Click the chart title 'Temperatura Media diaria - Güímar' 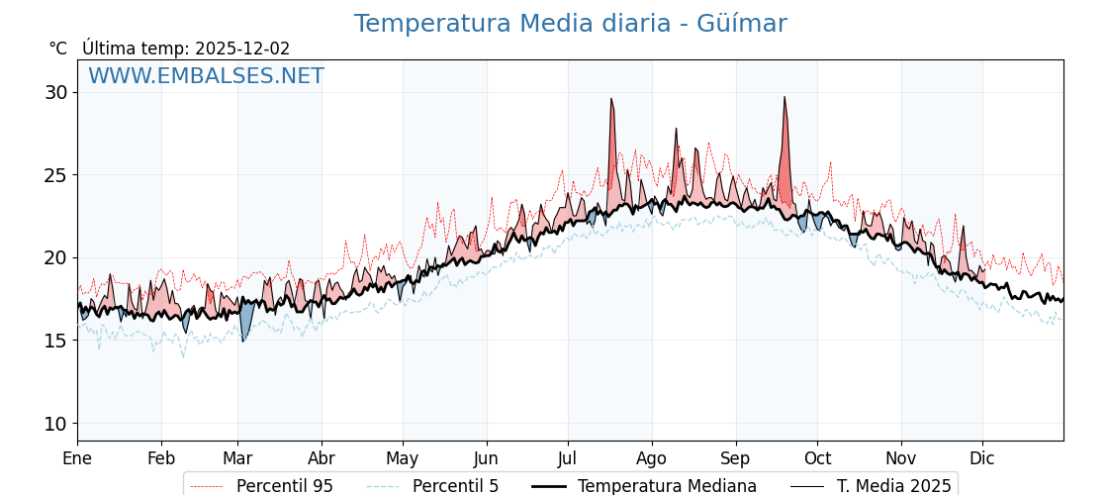570,24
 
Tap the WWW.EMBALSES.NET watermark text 206,76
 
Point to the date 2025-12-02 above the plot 242,49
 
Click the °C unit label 57,49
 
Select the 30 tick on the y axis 55,92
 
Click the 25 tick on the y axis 55,175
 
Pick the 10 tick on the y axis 55,424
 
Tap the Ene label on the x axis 77,458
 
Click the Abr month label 322,458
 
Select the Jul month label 568,458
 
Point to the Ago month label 652,458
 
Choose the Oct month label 817,458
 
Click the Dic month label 982,458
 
